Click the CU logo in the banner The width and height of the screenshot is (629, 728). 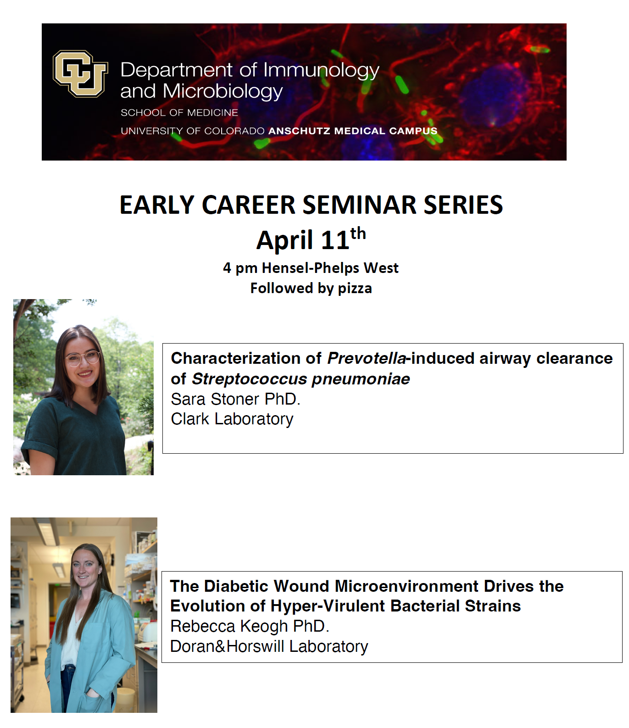coord(80,73)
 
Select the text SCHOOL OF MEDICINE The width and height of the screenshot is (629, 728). coord(179,112)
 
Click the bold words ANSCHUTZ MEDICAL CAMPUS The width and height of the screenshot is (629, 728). coord(353,131)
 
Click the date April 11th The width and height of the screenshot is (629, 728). coord(311,239)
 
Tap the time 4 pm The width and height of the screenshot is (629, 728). coord(240,268)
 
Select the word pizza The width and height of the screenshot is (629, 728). coord(355,289)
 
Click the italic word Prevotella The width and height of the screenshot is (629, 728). coord(367,358)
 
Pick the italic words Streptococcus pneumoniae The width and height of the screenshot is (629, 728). coord(301,379)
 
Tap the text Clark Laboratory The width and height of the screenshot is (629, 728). coord(232,419)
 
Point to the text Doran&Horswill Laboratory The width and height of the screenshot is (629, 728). coord(269,646)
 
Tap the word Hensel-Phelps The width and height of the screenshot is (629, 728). coord(311,268)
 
